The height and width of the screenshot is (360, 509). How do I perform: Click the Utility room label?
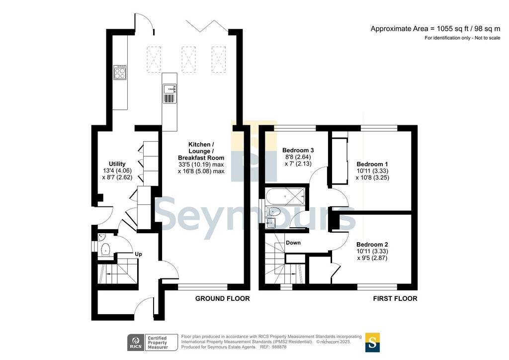point(117,164)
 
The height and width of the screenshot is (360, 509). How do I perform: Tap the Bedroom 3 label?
point(298,150)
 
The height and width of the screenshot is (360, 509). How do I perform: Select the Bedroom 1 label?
point(372,164)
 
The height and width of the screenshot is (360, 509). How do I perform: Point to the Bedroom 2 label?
point(372,245)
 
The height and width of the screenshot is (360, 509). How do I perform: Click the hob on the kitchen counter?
point(120,72)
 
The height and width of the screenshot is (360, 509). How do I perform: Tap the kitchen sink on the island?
point(170,89)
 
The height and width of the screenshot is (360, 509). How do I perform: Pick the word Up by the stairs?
point(139,254)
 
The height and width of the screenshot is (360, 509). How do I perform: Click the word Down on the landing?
point(293,243)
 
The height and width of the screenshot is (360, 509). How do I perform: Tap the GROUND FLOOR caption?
point(222,299)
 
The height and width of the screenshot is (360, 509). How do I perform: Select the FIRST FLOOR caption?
point(395,299)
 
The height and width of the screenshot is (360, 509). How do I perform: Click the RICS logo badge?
point(136,343)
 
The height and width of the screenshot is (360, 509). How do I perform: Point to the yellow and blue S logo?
point(372,343)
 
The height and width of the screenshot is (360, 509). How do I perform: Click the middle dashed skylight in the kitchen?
point(188,59)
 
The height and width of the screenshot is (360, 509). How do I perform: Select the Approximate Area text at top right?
point(435,29)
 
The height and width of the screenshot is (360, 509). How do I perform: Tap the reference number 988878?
point(279,347)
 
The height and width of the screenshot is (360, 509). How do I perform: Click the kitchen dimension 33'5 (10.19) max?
point(201,165)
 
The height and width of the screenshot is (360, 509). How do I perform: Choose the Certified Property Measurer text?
point(158,343)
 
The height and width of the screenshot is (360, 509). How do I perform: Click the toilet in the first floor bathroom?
point(273,212)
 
